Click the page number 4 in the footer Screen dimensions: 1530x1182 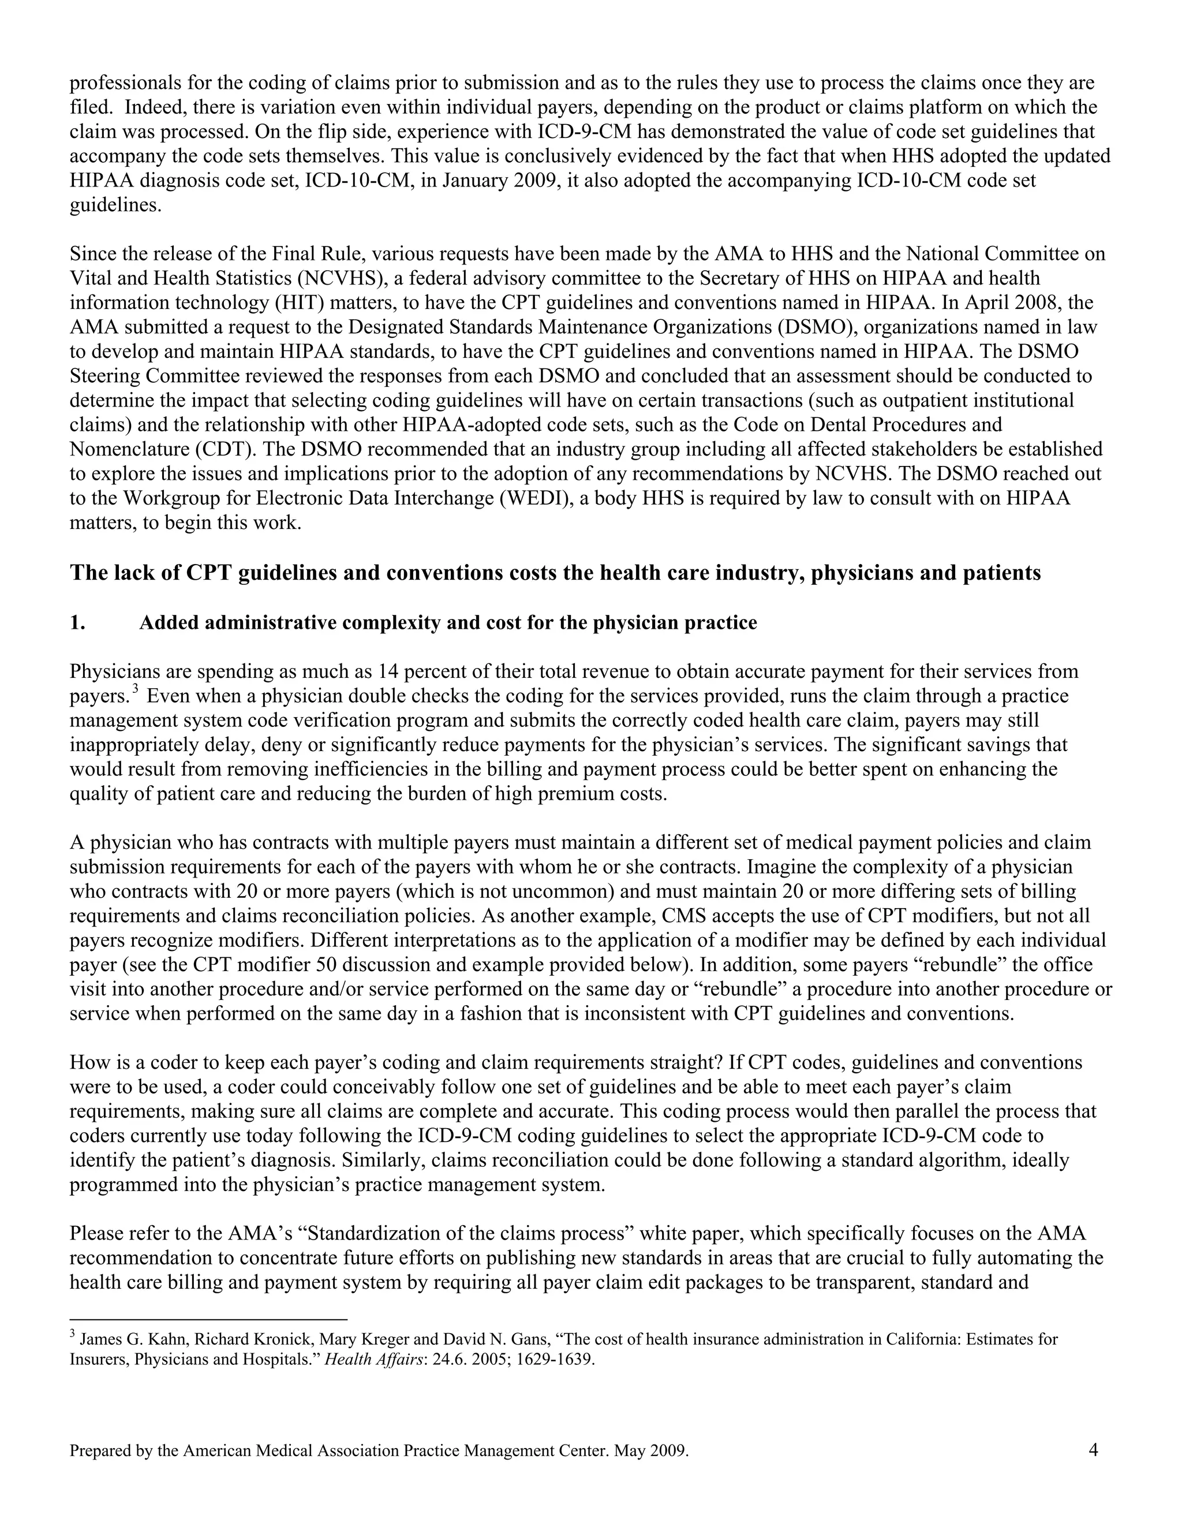1093,1450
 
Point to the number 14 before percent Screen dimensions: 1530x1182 388,672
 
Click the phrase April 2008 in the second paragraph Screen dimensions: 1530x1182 1018,303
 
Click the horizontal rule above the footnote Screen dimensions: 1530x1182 209,1319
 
